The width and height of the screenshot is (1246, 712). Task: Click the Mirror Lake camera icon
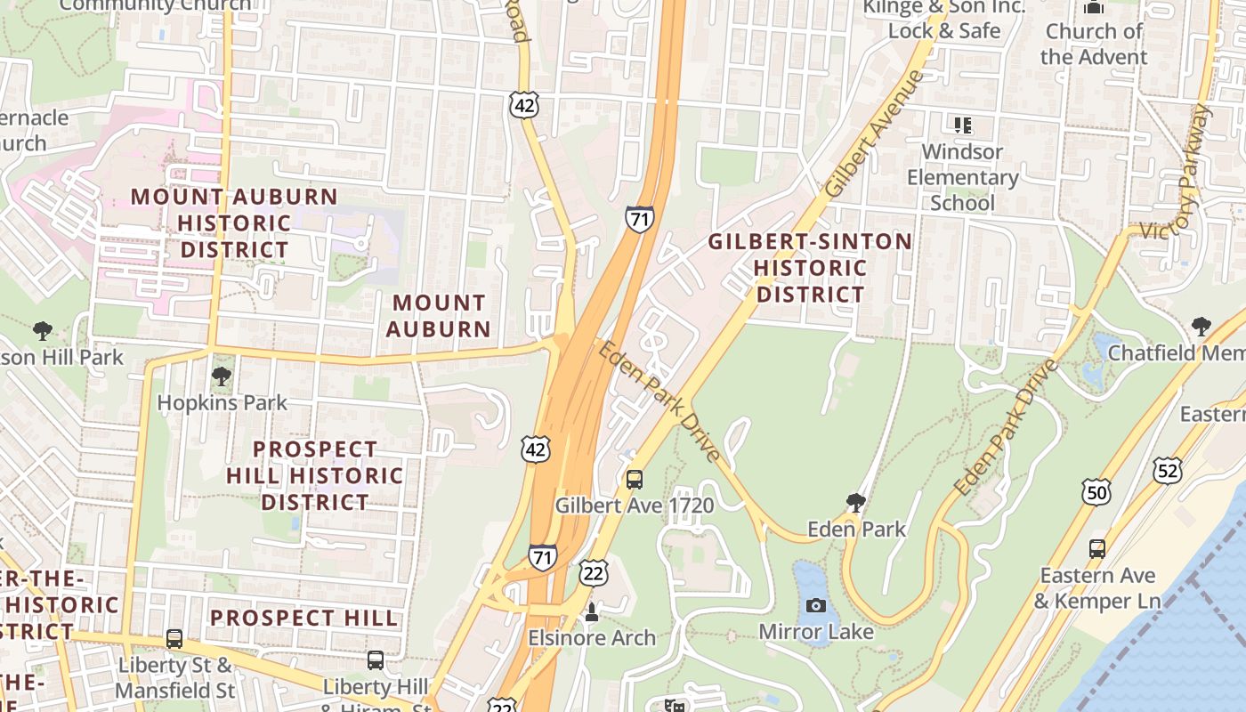pos(815,606)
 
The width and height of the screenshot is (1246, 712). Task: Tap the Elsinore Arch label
pos(592,638)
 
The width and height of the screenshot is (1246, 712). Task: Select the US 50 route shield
pos(1096,492)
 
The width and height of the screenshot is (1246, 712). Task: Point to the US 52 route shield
pos(1167,469)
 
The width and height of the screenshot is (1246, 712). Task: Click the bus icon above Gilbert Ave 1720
pos(634,480)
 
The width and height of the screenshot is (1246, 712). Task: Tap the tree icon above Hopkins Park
pos(222,376)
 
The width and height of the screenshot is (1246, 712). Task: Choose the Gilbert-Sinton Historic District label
pos(809,268)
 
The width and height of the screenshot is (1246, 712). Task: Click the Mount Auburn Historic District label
pos(235,222)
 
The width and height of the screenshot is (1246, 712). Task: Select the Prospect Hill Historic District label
pos(314,475)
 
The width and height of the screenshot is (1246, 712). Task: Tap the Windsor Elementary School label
pos(962,177)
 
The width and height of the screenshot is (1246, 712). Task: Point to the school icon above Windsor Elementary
pos(962,125)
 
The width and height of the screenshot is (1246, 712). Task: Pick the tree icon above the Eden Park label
pos(855,503)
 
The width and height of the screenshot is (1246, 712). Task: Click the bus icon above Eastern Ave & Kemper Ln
pos(1096,549)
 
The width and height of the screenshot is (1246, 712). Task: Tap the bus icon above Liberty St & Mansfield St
pos(174,639)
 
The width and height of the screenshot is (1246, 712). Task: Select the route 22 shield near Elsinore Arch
pos(594,573)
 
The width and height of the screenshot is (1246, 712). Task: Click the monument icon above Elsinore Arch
pos(591,612)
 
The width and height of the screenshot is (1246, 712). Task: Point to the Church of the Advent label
pos(1093,44)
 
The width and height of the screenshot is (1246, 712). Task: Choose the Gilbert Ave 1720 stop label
pos(634,506)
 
